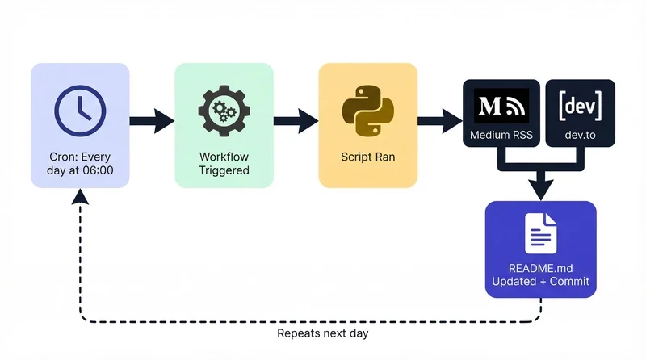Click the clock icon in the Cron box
click(x=79, y=108)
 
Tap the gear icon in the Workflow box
click(x=224, y=109)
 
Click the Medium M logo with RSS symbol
click(x=500, y=106)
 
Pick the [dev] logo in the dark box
click(x=580, y=106)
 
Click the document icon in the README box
click(x=540, y=233)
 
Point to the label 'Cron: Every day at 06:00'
click(x=80, y=163)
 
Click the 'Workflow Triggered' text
click(x=224, y=163)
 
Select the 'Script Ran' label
click(x=367, y=157)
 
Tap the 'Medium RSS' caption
click(x=500, y=135)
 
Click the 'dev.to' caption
click(x=580, y=135)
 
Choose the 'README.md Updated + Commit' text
click(x=540, y=274)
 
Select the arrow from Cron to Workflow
click(x=152, y=122)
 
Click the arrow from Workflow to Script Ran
click(x=296, y=122)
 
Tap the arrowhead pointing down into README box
click(x=540, y=190)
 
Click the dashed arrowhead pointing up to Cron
click(x=79, y=195)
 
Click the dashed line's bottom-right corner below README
click(x=540, y=322)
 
